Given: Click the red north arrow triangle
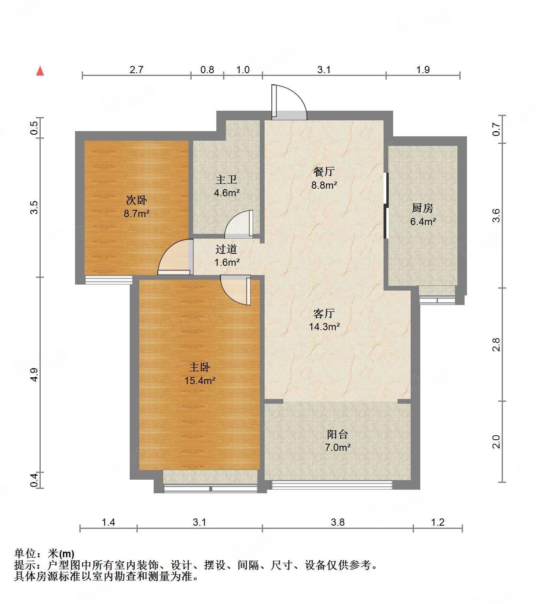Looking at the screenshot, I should click(40, 71).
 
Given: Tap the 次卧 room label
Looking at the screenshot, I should click(136, 200).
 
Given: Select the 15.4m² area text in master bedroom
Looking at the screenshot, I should click(200, 381).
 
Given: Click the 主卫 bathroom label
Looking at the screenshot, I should click(226, 179).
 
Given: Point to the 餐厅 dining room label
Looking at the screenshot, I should click(324, 171).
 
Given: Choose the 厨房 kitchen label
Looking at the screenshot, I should click(422, 208).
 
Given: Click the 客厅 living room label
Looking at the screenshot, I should click(324, 313).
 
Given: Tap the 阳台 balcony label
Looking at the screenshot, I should click(337, 434).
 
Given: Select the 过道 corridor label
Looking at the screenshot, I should click(226, 249).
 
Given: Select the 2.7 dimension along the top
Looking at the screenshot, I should click(136, 70).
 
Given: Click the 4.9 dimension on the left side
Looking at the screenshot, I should click(34, 375).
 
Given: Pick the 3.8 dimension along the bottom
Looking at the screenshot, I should click(337, 522).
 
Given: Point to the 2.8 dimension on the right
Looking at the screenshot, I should click(496, 345).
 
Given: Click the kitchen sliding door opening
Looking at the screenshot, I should click(386, 205).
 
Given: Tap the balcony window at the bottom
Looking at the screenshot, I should click(331, 485).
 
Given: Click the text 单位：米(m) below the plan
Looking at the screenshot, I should click(44, 553).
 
